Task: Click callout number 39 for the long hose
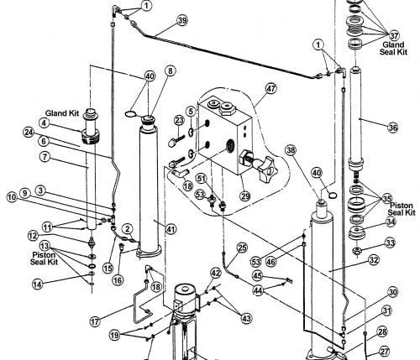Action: click(x=182, y=20)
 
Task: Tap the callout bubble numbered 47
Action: click(x=270, y=89)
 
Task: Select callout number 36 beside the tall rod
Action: click(x=393, y=128)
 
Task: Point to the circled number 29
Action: click(x=245, y=196)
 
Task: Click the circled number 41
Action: click(x=171, y=229)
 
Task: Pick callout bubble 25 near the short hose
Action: click(x=242, y=248)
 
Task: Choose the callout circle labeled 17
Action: click(x=95, y=321)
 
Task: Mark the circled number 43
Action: click(x=246, y=318)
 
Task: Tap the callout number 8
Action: click(x=171, y=71)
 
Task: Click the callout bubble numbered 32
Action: click(x=374, y=260)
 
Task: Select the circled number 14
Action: click(x=38, y=284)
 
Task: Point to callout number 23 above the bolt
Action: click(x=179, y=121)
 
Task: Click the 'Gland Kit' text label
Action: click(x=62, y=113)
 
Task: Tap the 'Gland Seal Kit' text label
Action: click(x=393, y=48)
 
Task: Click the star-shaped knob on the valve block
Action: click(x=266, y=170)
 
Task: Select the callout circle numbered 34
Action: click(x=391, y=222)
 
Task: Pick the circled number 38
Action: click(x=291, y=150)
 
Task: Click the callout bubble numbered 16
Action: click(x=118, y=280)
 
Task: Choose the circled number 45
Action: click(x=258, y=275)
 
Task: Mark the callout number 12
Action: click(x=33, y=236)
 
